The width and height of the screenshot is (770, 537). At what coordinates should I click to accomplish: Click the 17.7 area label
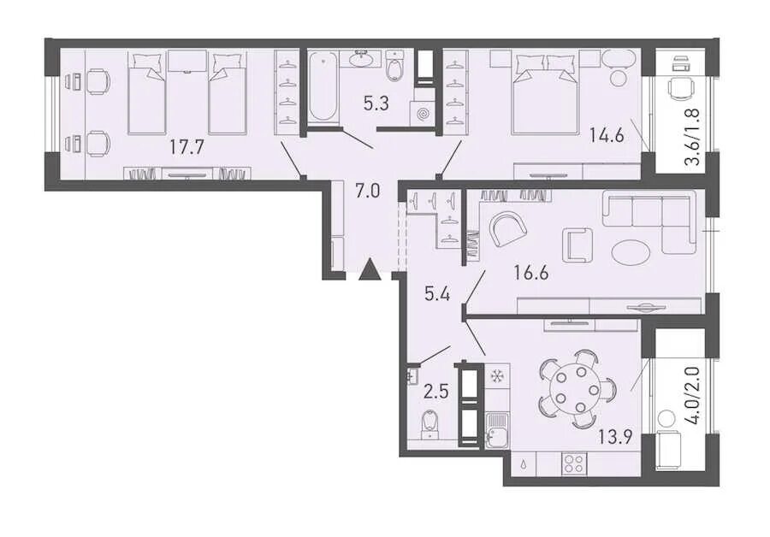pyautogui.click(x=187, y=147)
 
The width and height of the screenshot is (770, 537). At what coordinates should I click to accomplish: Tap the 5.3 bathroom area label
pyautogui.click(x=376, y=104)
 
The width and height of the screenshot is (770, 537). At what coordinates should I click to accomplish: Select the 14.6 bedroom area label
pyautogui.click(x=607, y=134)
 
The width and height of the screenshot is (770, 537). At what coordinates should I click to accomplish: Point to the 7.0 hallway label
pyautogui.click(x=368, y=191)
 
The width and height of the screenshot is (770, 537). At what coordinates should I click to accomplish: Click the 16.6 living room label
pyautogui.click(x=531, y=271)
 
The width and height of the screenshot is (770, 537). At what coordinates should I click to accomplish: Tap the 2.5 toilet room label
pyautogui.click(x=436, y=392)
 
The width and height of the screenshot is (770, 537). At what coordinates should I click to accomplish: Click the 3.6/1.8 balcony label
pyautogui.click(x=695, y=139)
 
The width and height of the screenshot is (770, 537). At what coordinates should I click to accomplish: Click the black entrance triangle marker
pyautogui.click(x=370, y=270)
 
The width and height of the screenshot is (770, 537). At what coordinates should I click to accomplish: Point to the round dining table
pyautogui.click(x=572, y=390)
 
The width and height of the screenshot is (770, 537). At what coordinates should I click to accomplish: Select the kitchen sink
pyautogui.click(x=497, y=431)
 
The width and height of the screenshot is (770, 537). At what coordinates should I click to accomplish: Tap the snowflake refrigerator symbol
pyautogui.click(x=497, y=376)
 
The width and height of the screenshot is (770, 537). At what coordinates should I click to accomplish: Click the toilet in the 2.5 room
pyautogui.click(x=429, y=422)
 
